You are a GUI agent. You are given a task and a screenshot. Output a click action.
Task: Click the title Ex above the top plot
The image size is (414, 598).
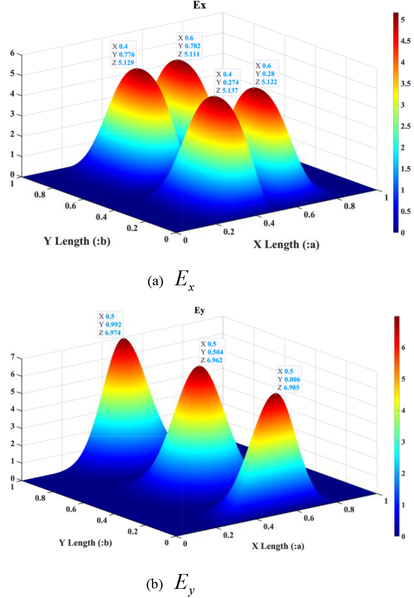pyautogui.click(x=199, y=6)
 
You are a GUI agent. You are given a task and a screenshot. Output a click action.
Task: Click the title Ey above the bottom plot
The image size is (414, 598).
pyautogui.click(x=199, y=311)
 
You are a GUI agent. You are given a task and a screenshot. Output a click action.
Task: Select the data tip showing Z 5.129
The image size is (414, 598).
pyautogui.click(x=123, y=55)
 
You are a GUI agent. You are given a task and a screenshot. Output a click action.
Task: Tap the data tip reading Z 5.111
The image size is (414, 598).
pyautogui.click(x=189, y=46)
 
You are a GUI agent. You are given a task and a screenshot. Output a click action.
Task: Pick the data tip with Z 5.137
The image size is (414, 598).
pyautogui.click(x=227, y=82)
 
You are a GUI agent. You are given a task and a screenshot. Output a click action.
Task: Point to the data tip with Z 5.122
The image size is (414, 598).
pyautogui.click(x=266, y=74)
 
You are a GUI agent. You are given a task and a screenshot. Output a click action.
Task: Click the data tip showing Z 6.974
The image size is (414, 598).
pyautogui.click(x=110, y=325)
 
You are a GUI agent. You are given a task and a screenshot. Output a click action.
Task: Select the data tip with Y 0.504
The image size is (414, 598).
pyautogui.click(x=212, y=352)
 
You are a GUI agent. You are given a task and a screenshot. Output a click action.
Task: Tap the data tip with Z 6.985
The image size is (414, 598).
pyautogui.click(x=289, y=379)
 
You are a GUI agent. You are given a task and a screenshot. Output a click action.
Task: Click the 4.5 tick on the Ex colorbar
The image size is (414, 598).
pyautogui.click(x=405, y=41)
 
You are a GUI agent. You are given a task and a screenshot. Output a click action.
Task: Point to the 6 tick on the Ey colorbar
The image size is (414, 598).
pyautogui.click(x=403, y=348)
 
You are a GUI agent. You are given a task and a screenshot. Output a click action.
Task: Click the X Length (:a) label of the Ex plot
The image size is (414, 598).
pyautogui.click(x=286, y=244)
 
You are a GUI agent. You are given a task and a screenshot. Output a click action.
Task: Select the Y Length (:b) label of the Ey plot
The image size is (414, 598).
pyautogui.click(x=86, y=543)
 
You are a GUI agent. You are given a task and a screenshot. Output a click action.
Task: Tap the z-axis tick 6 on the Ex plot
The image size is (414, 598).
pyautogui.click(x=13, y=53)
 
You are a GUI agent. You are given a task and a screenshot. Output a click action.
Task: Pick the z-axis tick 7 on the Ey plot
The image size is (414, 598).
pyautogui.click(x=13, y=357)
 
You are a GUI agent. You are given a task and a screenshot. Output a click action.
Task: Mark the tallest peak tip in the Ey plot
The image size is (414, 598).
pyautogui.click(x=276, y=393)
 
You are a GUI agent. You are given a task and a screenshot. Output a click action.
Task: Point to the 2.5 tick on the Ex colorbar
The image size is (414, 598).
pyautogui.click(x=405, y=126)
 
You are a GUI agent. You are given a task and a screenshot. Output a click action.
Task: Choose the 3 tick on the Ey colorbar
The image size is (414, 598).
pyautogui.click(x=403, y=442)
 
